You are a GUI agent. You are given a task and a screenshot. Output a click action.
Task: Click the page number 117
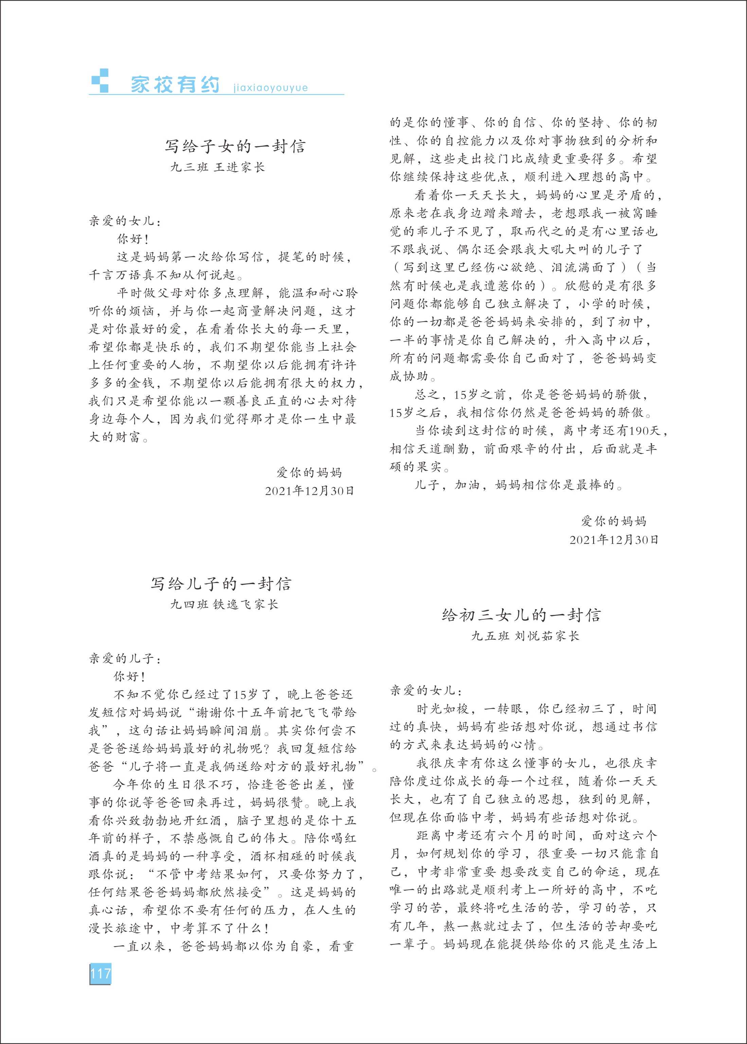pos(100,973)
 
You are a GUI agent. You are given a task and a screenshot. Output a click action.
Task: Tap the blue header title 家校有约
pos(175,85)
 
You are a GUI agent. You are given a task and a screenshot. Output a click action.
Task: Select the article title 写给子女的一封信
pos(235,146)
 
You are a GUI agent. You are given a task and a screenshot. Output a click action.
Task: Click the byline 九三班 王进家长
pos(217,167)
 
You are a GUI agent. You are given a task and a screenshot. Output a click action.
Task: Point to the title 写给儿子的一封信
pos(221,584)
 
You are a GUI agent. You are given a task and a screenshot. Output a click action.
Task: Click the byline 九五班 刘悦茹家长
pos(525,636)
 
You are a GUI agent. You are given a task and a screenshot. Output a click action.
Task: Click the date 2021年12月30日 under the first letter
pos(309,491)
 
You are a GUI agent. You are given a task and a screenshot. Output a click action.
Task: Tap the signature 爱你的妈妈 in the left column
pos(309,472)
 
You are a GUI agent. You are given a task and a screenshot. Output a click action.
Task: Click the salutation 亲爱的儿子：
pos(125,659)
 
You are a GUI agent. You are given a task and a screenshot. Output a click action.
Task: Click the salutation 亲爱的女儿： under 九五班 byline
pos(426,690)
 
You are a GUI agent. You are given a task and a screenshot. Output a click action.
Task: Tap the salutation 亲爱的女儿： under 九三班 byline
pos(125,221)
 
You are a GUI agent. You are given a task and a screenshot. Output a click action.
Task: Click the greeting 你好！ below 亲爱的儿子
pos(130,676)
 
